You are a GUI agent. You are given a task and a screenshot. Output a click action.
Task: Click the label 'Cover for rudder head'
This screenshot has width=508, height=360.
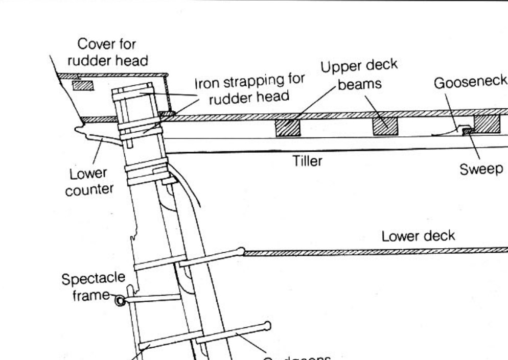tap(108, 52)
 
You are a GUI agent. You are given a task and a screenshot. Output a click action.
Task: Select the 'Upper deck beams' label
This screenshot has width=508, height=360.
tap(360, 75)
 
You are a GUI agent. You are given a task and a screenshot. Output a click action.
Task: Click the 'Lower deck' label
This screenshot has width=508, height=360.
tap(418, 237)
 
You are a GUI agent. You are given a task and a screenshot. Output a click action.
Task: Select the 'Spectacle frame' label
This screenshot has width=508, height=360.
tap(93, 287)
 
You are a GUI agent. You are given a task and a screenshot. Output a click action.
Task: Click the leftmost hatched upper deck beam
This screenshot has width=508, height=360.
tap(287, 128)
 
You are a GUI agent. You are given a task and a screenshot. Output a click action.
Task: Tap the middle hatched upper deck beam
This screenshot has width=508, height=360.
tap(385, 126)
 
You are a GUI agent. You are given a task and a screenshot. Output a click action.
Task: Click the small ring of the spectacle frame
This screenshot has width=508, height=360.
tap(120, 301)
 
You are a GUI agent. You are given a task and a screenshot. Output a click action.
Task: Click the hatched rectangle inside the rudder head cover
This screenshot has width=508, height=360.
tap(83, 85)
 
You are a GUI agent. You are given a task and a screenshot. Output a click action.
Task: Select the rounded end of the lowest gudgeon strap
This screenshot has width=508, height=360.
tap(267, 325)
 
